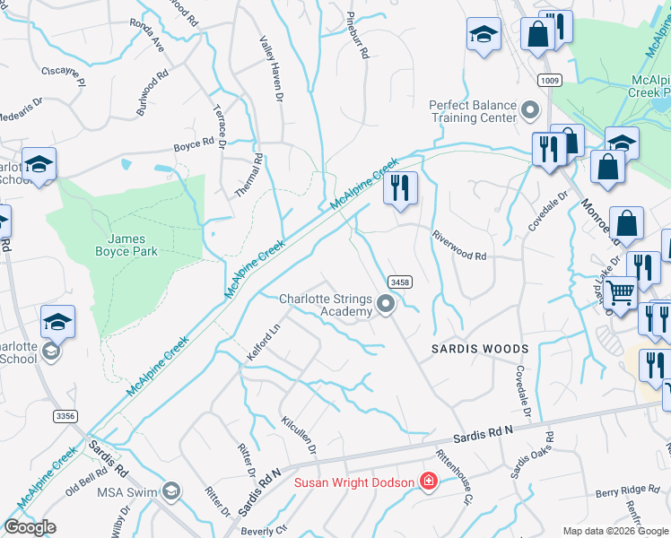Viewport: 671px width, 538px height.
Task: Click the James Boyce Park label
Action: (x=133, y=245)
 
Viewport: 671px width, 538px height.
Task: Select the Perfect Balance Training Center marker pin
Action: (x=530, y=111)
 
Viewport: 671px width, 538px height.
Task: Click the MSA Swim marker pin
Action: (x=171, y=490)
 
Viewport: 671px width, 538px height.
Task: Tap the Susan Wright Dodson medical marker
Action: (x=429, y=482)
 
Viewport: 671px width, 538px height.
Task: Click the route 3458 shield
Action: (x=401, y=282)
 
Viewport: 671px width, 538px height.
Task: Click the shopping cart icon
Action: (x=619, y=291)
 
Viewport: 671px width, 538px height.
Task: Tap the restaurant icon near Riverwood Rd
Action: (x=400, y=188)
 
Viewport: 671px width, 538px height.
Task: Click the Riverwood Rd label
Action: (x=459, y=256)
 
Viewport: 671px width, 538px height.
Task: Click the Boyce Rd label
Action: (x=194, y=143)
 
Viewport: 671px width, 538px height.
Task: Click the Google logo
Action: (x=30, y=527)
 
